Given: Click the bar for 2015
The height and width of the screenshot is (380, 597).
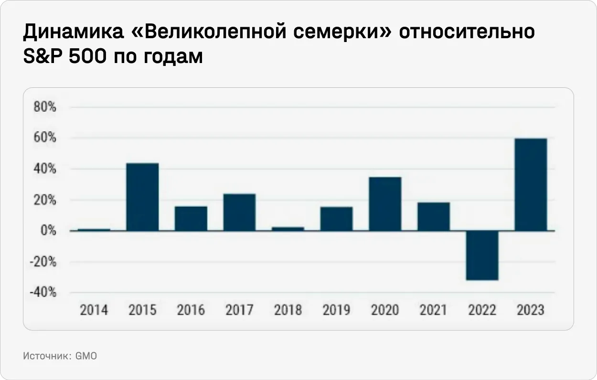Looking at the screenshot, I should click(142, 197).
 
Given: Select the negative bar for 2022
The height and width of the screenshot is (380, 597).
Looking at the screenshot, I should click(482, 255).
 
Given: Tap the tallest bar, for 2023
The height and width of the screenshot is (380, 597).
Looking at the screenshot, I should click(531, 184).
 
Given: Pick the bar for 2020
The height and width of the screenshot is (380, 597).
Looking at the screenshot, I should click(385, 204).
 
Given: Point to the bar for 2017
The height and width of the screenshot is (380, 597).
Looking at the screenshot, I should click(239, 212).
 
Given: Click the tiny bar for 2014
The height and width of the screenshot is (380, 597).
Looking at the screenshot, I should click(94, 230).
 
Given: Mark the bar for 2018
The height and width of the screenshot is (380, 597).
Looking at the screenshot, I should click(288, 229).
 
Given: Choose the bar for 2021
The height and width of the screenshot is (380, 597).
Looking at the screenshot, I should click(433, 216).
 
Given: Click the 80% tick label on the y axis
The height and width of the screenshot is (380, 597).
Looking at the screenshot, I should click(45, 107).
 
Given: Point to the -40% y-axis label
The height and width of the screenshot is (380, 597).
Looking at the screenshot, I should click(43, 293).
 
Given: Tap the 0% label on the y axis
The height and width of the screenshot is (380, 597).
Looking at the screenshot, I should click(48, 231).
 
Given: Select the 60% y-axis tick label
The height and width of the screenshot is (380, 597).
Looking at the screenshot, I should click(45, 138).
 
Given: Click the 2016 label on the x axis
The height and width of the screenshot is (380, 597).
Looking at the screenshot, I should click(191, 310).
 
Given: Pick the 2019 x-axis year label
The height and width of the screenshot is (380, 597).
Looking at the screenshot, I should click(336, 310).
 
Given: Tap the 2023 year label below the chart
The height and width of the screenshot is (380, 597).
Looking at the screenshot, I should click(530, 310).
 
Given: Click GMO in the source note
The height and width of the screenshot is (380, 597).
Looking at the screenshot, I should click(86, 356).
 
